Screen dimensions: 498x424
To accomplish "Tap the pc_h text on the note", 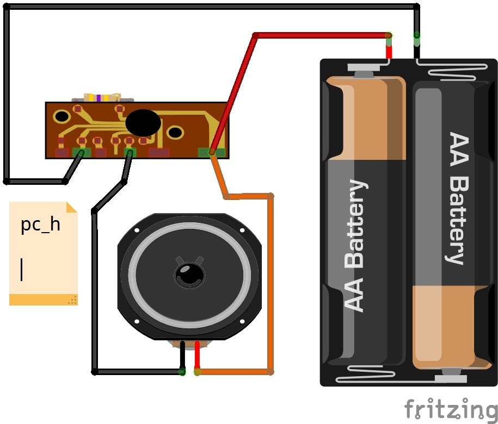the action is tap(40, 225).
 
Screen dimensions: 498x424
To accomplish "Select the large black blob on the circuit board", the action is tap(143, 123).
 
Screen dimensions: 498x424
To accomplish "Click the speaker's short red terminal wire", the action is tap(197, 355).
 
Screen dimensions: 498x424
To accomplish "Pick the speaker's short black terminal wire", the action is tap(182, 355).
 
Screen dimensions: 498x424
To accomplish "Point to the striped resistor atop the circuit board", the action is tap(102, 97).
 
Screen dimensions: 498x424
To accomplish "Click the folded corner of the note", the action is tap(72, 207).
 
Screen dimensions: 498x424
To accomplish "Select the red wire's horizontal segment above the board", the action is tap(322, 35).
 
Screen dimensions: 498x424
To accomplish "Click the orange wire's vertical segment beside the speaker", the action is tap(270, 284).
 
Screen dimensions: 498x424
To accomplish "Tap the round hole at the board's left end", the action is tap(62, 116).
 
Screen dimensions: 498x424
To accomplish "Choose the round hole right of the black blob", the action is tap(175, 132).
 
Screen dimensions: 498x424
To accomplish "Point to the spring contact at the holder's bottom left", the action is tap(365, 374).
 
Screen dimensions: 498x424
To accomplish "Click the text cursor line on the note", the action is tap(22, 270).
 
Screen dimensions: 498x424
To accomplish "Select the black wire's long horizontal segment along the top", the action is tap(212, 7).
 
